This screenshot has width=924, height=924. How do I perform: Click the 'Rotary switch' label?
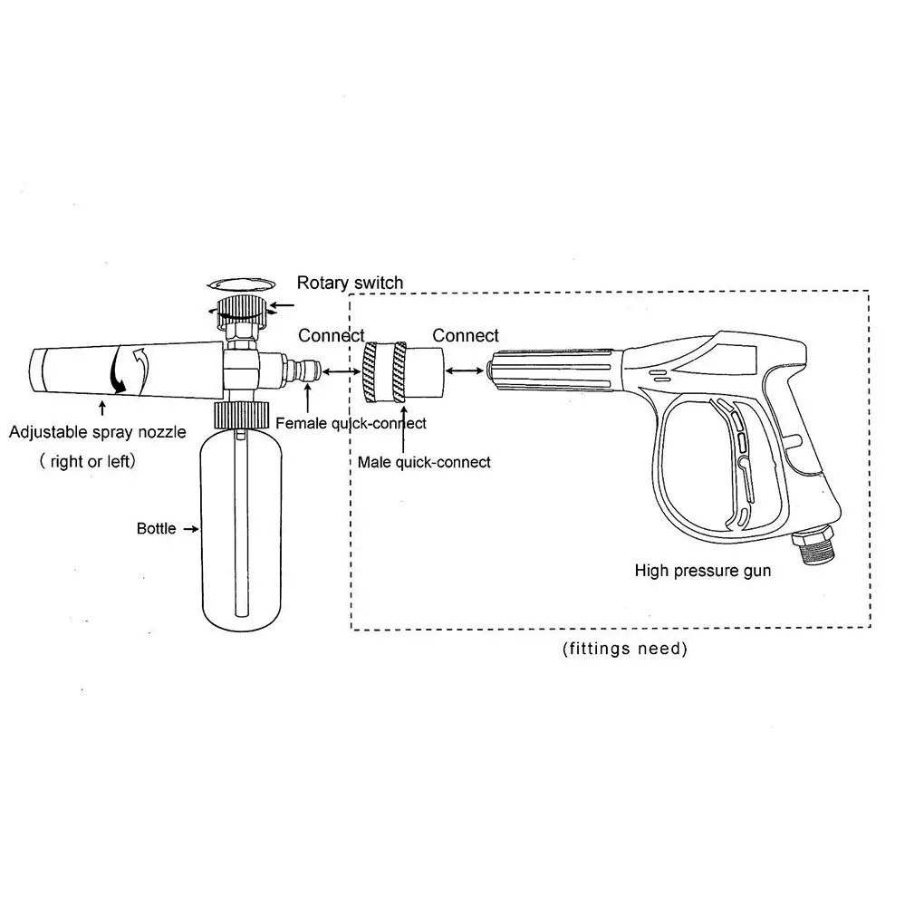(350, 284)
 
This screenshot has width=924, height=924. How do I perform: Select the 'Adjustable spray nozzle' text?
(97, 432)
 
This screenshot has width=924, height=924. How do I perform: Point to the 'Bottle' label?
(156, 528)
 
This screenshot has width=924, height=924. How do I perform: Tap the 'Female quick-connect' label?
(351, 423)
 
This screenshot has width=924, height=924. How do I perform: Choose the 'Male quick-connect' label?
(424, 462)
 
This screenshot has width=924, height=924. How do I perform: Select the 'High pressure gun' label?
(702, 571)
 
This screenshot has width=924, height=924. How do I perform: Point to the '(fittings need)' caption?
(624, 649)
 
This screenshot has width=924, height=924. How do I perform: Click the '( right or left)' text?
(87, 461)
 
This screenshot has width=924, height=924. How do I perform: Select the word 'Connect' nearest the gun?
(465, 336)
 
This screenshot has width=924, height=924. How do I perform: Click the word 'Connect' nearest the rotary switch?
(332, 336)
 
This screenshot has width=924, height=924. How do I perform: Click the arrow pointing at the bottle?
(190, 528)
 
